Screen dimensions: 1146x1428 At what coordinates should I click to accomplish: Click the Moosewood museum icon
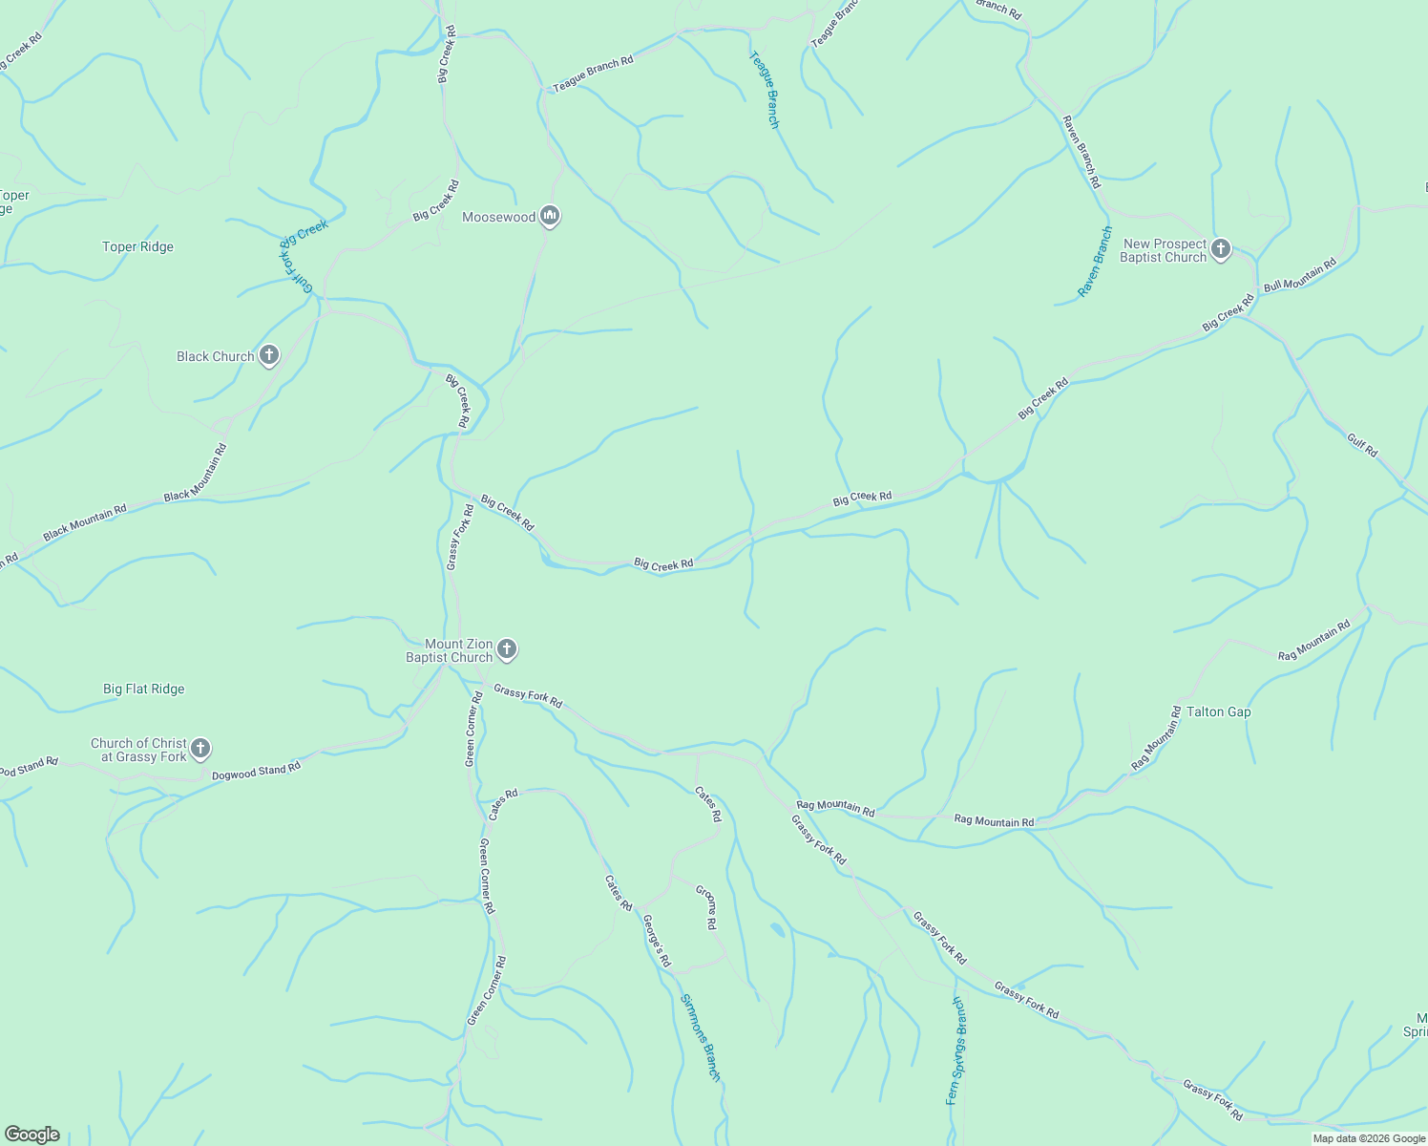pos(549,217)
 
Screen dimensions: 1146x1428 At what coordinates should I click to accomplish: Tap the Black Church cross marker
pos(269,356)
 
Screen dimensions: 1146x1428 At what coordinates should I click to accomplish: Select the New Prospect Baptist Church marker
pos(1220,250)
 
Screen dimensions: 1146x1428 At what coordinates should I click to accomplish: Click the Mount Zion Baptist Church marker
pos(507,650)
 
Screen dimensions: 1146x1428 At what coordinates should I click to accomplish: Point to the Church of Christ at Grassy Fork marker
pos(199,749)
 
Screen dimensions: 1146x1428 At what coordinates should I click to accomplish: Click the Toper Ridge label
pos(137,246)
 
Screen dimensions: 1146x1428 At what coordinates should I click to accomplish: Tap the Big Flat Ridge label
pos(143,689)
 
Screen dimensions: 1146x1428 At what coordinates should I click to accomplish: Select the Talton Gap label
pos(1218,711)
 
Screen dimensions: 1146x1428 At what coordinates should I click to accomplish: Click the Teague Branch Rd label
pos(593,74)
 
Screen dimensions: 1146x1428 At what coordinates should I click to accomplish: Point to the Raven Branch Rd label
pos(1081,151)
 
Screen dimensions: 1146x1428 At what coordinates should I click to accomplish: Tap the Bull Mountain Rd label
pos(1299,274)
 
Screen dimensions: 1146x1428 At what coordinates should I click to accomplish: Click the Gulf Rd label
pos(1362,444)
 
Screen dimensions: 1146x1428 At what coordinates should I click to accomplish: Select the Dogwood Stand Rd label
pos(256,770)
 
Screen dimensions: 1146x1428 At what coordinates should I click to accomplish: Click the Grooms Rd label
pos(706,907)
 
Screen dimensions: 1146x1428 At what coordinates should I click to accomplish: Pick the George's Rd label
pos(657,941)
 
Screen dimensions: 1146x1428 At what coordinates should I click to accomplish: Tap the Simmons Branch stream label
pos(700,1037)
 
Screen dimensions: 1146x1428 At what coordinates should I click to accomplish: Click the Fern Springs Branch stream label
pos(956,1050)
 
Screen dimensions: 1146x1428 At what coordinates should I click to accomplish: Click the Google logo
pos(32,1135)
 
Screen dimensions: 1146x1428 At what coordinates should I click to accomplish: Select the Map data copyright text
pos(1369,1138)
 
